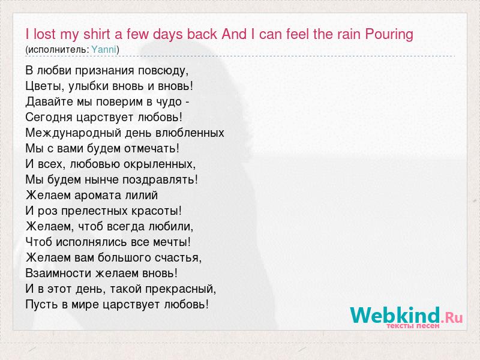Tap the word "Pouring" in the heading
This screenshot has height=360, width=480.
coord(389,35)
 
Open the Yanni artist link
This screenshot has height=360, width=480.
coord(104,50)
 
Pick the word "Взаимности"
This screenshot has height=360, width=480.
coord(59,274)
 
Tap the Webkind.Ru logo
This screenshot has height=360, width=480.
coord(406,316)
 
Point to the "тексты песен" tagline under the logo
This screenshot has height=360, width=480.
coord(413,326)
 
